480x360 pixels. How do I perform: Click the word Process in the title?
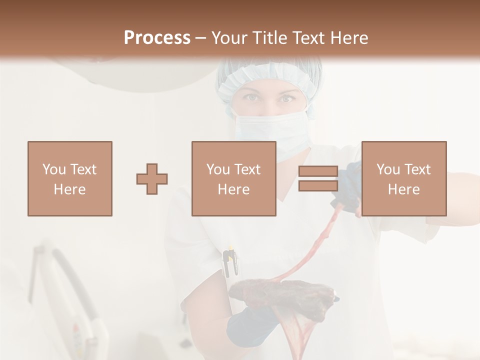(157, 37)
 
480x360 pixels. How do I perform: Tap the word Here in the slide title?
(348, 37)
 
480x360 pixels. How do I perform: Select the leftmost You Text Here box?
(70, 179)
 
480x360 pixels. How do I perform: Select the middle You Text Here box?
(233, 179)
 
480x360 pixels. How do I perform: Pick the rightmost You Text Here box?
(403, 179)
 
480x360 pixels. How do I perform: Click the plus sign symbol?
(152, 179)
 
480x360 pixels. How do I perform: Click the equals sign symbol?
(318, 179)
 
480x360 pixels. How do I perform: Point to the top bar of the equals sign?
(318, 171)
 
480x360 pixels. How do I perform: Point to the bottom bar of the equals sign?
(318, 186)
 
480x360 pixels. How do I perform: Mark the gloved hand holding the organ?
(250, 325)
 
